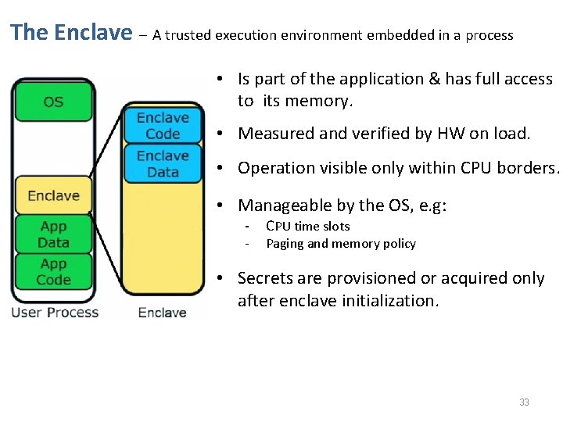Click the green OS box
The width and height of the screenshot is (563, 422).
click(x=53, y=102)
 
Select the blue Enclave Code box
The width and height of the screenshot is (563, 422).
click(x=163, y=126)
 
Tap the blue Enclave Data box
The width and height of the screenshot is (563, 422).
click(x=163, y=163)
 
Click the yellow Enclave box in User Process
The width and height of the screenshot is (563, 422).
click(x=53, y=195)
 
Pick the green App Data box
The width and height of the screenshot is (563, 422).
click(x=53, y=234)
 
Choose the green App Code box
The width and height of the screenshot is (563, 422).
click(x=53, y=271)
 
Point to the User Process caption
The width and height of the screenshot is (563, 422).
click(x=55, y=313)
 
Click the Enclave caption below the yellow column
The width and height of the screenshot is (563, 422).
click(x=162, y=313)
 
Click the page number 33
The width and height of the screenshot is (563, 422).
click(x=524, y=402)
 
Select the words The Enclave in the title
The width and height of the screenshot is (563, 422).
click(x=71, y=33)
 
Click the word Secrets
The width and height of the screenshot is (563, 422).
click(x=266, y=278)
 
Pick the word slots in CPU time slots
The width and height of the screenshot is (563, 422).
click(x=335, y=227)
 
